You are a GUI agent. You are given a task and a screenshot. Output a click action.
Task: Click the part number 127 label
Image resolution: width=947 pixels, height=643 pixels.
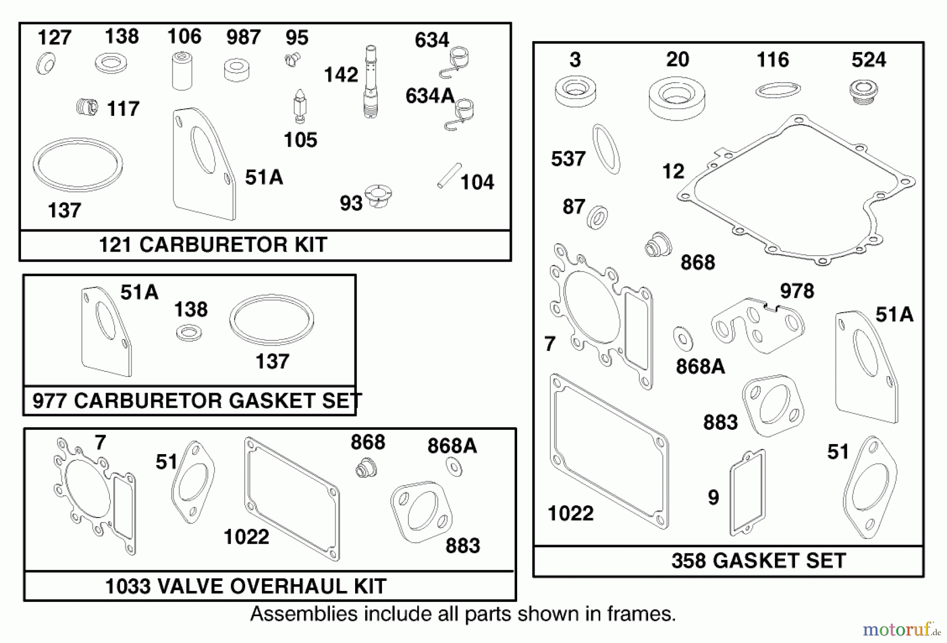point(54,38)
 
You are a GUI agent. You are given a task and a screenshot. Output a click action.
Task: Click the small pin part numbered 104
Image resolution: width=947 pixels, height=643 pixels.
point(449,175)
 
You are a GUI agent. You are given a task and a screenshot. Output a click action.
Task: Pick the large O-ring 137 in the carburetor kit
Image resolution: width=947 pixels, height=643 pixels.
point(78,165)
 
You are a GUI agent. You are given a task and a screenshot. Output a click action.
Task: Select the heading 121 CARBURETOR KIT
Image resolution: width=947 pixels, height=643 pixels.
point(213,245)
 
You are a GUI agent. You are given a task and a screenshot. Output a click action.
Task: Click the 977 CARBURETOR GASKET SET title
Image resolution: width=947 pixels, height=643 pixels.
point(197,401)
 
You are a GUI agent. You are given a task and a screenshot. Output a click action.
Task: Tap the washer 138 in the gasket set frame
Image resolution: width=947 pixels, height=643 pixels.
point(188,333)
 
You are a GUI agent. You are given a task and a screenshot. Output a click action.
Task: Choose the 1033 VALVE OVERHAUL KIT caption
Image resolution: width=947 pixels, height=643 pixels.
point(246,586)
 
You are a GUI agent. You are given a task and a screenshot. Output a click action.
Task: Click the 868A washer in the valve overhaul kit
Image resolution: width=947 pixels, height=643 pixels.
point(453,467)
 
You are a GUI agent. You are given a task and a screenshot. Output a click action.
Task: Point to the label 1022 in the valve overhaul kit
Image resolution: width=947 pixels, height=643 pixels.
point(246,537)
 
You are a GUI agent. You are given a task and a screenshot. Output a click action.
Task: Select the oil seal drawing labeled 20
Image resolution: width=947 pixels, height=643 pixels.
point(676,98)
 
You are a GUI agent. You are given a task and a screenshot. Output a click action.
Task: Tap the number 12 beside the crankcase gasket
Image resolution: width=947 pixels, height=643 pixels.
point(673,172)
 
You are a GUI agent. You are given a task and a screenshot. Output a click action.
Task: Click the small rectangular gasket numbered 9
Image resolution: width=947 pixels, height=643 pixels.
point(747,492)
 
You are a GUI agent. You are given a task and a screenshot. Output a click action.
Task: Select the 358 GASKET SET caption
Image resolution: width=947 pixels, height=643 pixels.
point(758,561)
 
